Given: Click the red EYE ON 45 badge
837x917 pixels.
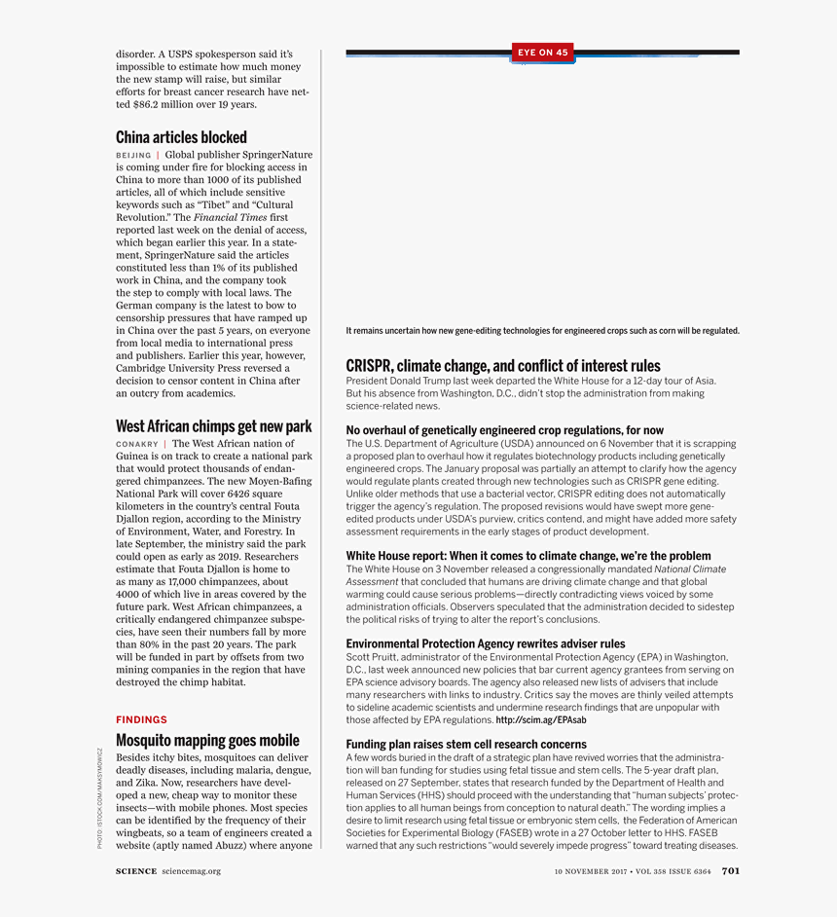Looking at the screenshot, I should point(543,53).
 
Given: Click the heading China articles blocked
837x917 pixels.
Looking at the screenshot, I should point(181,137).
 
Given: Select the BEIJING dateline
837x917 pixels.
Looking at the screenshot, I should point(133,155).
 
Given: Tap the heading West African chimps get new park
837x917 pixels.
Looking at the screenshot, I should point(213,426).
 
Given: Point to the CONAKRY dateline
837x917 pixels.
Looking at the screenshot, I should point(136,444).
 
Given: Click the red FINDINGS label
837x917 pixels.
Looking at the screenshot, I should point(141,719).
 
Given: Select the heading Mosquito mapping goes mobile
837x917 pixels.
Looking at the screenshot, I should point(207,741).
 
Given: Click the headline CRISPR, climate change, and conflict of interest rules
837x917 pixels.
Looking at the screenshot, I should point(503,366).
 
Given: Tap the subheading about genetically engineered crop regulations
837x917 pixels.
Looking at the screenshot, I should point(505,430).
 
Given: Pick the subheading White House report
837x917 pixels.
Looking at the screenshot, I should point(528,556).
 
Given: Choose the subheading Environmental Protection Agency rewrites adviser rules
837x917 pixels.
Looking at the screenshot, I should point(486,643).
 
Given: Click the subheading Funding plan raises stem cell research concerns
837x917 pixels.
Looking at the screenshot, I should point(466,745).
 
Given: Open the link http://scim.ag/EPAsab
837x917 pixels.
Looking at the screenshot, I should point(541,720).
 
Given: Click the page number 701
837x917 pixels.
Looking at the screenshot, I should point(731,871).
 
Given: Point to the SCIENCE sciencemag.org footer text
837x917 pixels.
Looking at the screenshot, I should point(168,871).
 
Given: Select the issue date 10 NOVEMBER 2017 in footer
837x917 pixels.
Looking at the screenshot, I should point(591,871).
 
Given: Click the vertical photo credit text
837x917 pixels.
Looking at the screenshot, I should point(99,797).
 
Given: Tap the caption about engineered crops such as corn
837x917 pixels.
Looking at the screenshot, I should point(542,331).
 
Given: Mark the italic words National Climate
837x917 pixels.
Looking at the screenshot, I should point(690,569).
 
